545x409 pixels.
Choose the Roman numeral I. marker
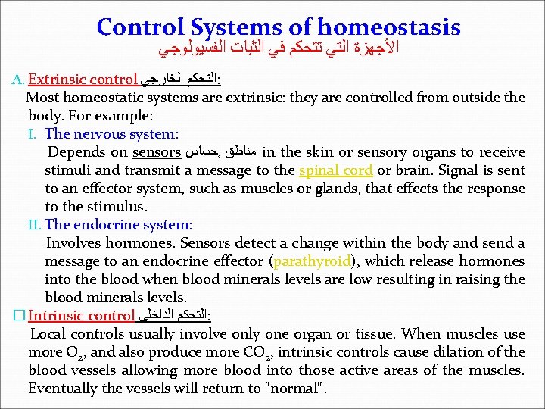(33, 134)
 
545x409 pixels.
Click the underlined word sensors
(156, 152)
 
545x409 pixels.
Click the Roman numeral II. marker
(36, 224)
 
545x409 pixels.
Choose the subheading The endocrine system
(119, 224)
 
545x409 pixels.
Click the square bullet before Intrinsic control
(19, 315)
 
